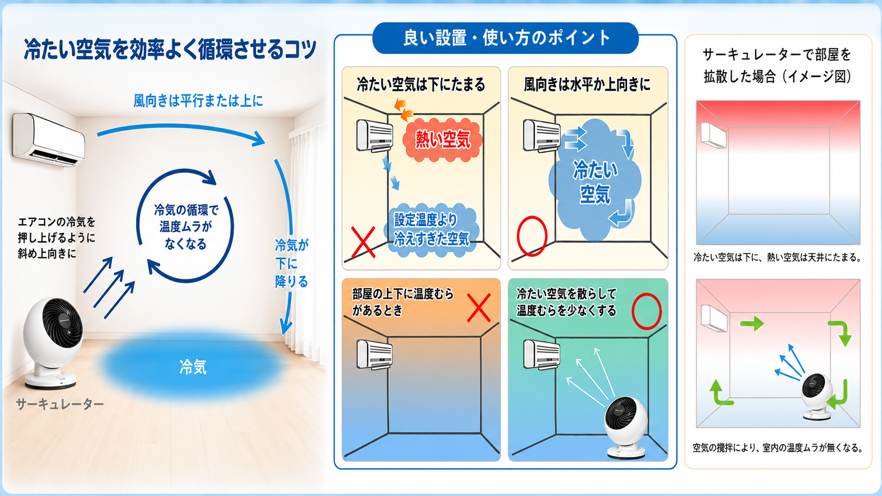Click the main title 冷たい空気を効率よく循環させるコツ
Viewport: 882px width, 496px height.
coord(170,49)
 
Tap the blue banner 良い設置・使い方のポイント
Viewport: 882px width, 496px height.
coord(505,38)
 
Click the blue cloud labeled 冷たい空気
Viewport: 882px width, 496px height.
coord(595,181)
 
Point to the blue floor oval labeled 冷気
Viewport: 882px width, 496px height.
coord(193,366)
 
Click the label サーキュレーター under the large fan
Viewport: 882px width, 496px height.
coord(60,404)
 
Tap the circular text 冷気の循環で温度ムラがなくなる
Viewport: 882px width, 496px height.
coord(186,227)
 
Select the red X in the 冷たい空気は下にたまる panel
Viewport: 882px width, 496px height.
coord(362,242)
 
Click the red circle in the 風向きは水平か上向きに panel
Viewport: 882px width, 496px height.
coord(532,236)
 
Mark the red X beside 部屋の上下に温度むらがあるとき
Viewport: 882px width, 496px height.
coord(479,308)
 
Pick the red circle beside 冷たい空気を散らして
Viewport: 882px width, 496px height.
coord(647,311)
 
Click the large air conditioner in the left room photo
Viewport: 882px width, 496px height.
coord(49,140)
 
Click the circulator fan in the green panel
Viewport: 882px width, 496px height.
coord(626,428)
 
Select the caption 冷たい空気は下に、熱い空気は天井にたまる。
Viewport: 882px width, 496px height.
coord(778,258)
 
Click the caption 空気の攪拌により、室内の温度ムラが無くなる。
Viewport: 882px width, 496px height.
coord(778,448)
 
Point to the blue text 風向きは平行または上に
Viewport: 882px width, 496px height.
coord(198,101)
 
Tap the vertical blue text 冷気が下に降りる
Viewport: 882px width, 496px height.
coord(291,263)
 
